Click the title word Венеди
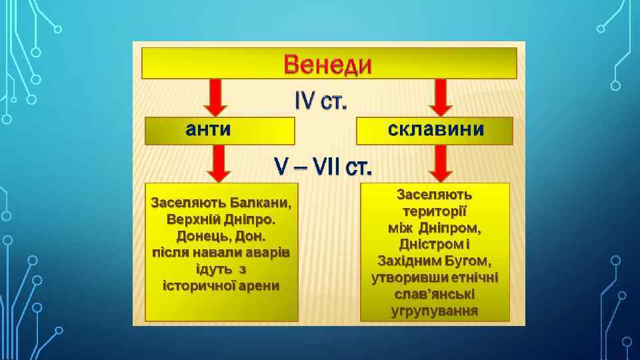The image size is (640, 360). [x=328, y=66]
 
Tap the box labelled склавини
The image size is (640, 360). [x=435, y=130]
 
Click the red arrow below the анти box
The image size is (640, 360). [x=217, y=163]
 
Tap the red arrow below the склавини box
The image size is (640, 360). [x=441, y=163]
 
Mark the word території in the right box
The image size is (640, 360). [x=435, y=211]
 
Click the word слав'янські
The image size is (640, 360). [x=435, y=294]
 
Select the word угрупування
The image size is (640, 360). [x=435, y=311]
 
